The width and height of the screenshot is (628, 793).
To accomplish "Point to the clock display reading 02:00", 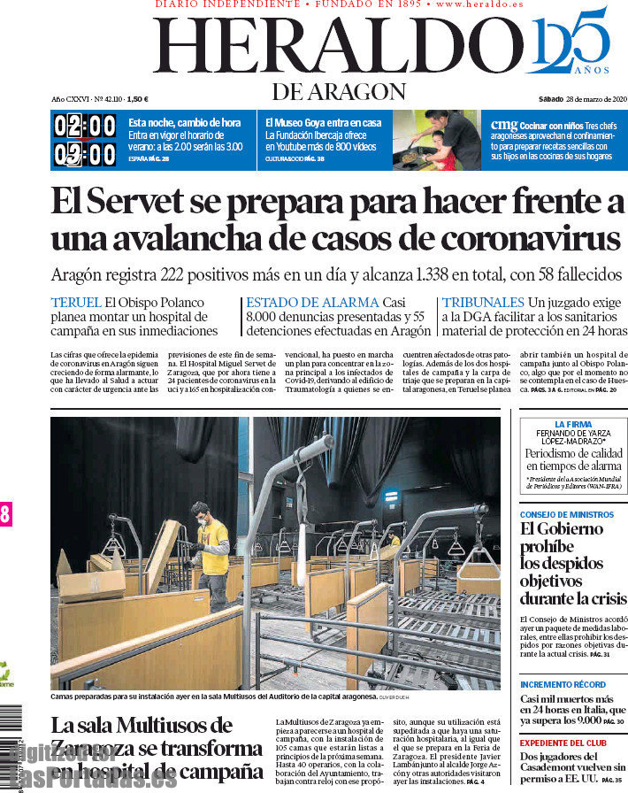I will pyautogui.click(x=85, y=126).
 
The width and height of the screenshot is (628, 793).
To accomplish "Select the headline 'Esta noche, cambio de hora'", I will pyautogui.click(x=184, y=123).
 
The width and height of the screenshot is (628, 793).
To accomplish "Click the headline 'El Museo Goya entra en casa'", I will pyautogui.click(x=323, y=123).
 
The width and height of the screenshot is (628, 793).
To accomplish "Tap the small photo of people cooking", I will pyautogui.click(x=436, y=140).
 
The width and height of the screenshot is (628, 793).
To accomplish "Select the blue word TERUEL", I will pyautogui.click(x=76, y=303).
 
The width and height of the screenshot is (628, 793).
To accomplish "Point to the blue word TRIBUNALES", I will pyautogui.click(x=483, y=303).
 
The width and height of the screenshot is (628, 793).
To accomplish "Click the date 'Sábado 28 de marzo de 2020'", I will pyautogui.click(x=583, y=98).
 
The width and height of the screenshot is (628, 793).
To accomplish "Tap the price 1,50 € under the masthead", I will pyautogui.click(x=137, y=99).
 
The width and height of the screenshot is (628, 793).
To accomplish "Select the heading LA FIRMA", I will pyautogui.click(x=573, y=425).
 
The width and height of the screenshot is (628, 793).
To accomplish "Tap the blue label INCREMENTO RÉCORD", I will pyautogui.click(x=563, y=684).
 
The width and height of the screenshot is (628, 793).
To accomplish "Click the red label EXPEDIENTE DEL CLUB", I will pyautogui.click(x=563, y=742).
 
